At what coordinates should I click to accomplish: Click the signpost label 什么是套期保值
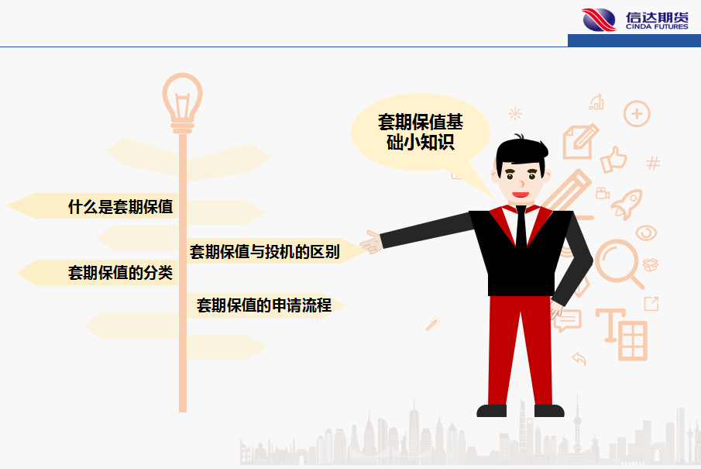pyautogui.click(x=120, y=207)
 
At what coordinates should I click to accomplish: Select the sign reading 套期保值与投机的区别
pyautogui.click(x=265, y=251)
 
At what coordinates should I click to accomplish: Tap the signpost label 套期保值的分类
pyautogui.click(x=120, y=273)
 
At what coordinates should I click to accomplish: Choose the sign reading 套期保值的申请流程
pyautogui.click(x=264, y=305)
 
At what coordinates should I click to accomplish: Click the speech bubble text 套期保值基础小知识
pyautogui.click(x=421, y=132)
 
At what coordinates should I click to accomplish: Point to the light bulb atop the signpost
pyautogui.click(x=182, y=103)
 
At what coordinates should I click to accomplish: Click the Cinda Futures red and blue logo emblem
pyautogui.click(x=599, y=19)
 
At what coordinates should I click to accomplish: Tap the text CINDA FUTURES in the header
pyautogui.click(x=657, y=27)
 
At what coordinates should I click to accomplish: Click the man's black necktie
pyautogui.click(x=521, y=227)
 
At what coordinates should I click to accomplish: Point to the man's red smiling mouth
pyautogui.click(x=521, y=195)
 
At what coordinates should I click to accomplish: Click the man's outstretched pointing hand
pyautogui.click(x=371, y=242)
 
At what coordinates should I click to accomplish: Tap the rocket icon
pyautogui.click(x=627, y=204)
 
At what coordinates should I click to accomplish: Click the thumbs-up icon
pyautogui.click(x=613, y=160)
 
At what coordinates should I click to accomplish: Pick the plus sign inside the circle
pyautogui.click(x=637, y=114)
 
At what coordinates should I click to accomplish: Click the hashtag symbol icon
pyautogui.click(x=653, y=163)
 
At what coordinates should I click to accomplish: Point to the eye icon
pyautogui.click(x=646, y=233)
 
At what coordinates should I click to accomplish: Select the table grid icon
pyautogui.click(x=633, y=340)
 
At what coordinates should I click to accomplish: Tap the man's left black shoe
pyautogui.click(x=491, y=410)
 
